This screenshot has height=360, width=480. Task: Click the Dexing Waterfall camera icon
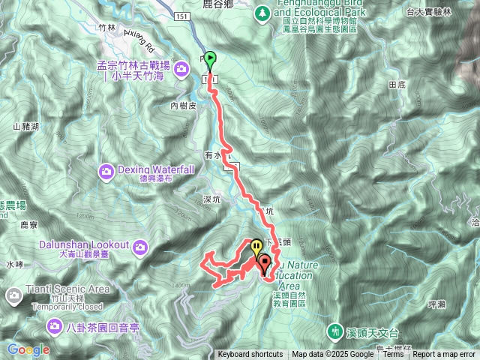(x=107, y=172)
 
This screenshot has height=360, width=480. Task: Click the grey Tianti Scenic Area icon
(x=14, y=296)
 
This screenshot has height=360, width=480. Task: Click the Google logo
(x=28, y=349)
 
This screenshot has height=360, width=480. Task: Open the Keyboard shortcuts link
(x=250, y=355)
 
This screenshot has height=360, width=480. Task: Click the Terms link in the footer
(x=392, y=355)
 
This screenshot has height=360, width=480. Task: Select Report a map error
(x=445, y=355)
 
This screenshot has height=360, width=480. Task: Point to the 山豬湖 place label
(x=26, y=126)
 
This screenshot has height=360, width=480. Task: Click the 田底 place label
(x=397, y=86)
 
